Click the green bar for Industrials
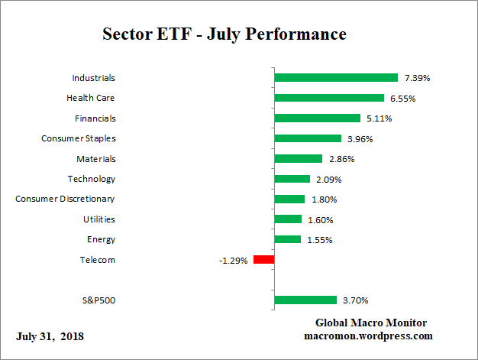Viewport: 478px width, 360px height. point(336,78)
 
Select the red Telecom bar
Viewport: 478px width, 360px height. point(263,260)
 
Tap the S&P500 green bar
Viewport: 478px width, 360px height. point(305,300)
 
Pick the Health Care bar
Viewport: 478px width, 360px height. point(329,98)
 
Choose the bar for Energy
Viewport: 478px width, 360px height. point(288,239)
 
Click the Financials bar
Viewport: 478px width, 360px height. point(317,118)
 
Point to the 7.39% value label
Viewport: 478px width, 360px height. point(417,78)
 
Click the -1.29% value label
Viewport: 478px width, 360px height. point(234,261)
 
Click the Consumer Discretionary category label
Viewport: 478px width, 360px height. point(65,199)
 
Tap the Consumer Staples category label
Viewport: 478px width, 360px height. point(78,138)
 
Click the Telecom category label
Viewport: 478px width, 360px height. point(98,260)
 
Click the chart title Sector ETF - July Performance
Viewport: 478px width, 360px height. point(224,34)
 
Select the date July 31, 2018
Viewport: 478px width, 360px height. point(50,336)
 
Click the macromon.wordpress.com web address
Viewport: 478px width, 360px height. point(369,336)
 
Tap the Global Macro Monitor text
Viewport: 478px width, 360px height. point(370,323)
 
